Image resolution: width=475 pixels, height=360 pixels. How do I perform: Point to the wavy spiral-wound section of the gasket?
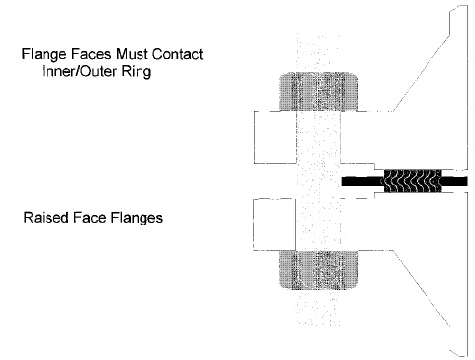[405, 182]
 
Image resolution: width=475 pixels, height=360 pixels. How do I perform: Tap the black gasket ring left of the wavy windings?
[359, 182]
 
